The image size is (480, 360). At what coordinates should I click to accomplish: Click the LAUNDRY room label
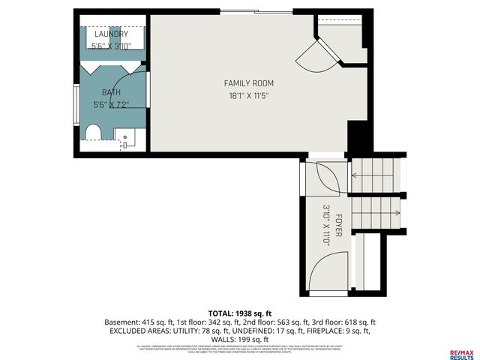pyautogui.click(x=110, y=34)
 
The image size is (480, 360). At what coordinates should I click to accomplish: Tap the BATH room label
pyautogui.click(x=111, y=92)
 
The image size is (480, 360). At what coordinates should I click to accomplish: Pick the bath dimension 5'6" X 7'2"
pyautogui.click(x=111, y=105)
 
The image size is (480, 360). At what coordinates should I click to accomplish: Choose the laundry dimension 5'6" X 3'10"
pyautogui.click(x=111, y=46)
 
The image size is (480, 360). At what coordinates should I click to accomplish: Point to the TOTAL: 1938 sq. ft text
pyautogui.click(x=239, y=312)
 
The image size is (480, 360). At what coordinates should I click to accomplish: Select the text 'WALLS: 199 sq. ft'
pyautogui.click(x=240, y=339)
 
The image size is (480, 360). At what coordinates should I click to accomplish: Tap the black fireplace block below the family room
pyautogui.click(x=358, y=137)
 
